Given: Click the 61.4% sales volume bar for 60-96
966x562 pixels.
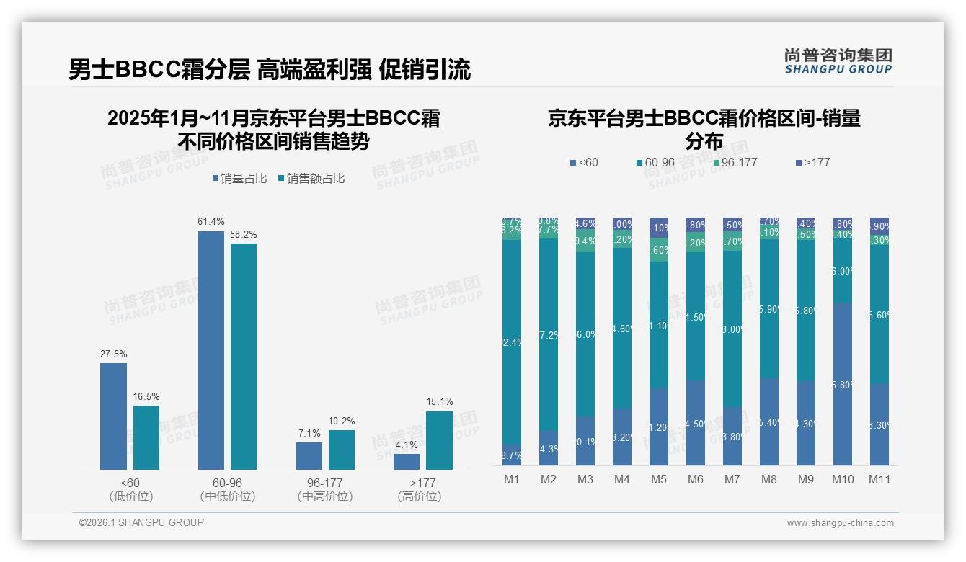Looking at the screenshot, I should pyautogui.click(x=211, y=350).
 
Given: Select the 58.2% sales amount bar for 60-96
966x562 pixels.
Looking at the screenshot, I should pyautogui.click(x=244, y=357).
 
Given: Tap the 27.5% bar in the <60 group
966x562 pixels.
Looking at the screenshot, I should pyautogui.click(x=113, y=416).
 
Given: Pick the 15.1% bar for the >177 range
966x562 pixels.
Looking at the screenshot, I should pyautogui.click(x=439, y=440).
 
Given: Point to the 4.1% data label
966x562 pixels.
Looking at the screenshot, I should pyautogui.click(x=407, y=445).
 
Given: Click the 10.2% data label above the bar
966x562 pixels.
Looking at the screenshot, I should pyautogui.click(x=342, y=421).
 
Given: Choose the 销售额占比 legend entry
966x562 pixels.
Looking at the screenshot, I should pyautogui.click(x=311, y=179).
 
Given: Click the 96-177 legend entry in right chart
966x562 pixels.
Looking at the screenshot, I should pyautogui.click(x=735, y=163).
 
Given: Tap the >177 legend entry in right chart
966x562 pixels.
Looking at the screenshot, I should pyautogui.click(x=813, y=163).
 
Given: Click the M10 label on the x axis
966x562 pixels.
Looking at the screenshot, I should pyautogui.click(x=843, y=479).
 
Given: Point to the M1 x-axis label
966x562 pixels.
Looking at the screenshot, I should pyautogui.click(x=512, y=479).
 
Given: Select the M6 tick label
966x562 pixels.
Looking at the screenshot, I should pyautogui.click(x=696, y=479).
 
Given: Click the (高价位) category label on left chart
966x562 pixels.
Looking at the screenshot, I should pyautogui.click(x=419, y=496).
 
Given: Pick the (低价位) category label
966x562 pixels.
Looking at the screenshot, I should pyautogui.click(x=131, y=496).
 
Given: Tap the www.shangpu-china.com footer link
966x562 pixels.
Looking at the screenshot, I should pyautogui.click(x=840, y=523).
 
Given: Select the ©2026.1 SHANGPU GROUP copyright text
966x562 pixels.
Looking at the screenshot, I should pyautogui.click(x=141, y=522).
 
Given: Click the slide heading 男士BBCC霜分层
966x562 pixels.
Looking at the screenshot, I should pyautogui.click(x=159, y=70).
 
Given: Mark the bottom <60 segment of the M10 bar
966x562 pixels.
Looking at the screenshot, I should pyautogui.click(x=843, y=384).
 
